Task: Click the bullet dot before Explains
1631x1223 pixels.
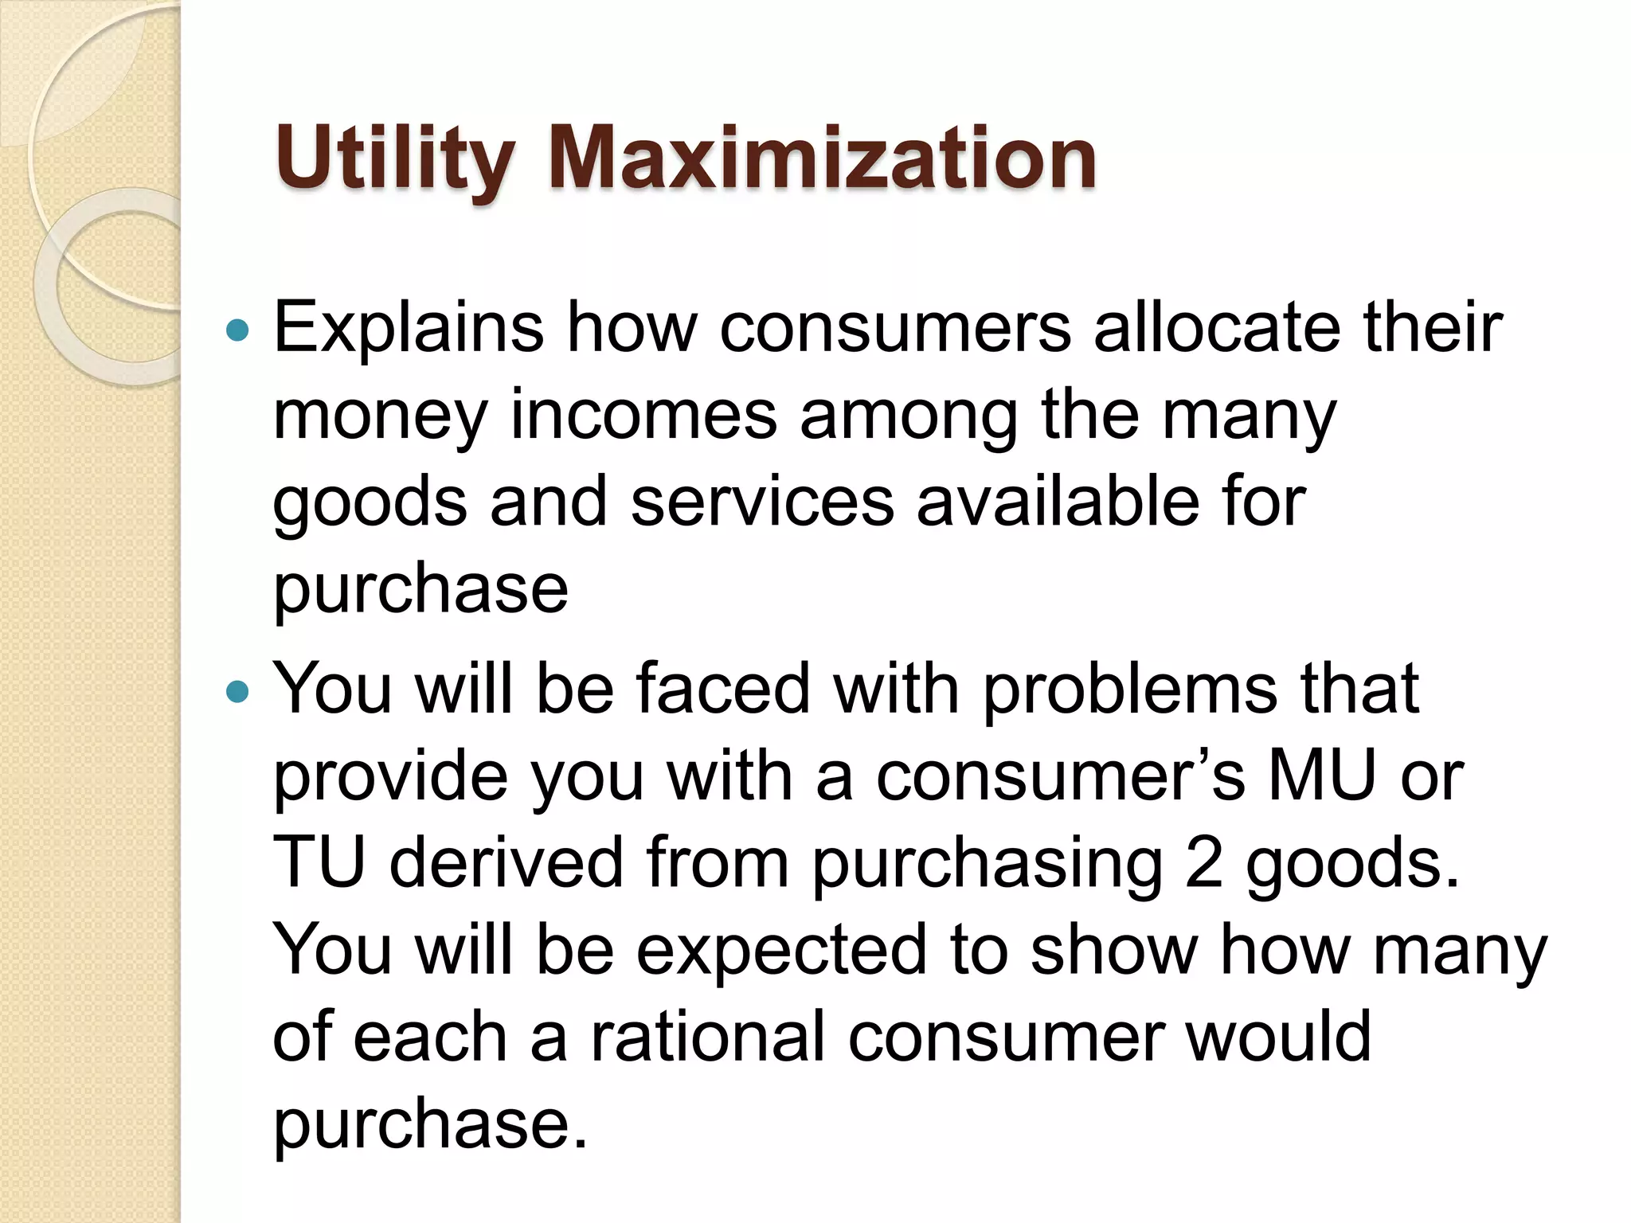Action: [x=237, y=329]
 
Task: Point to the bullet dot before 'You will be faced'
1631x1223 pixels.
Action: [x=237, y=690]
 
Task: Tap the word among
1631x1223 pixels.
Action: [x=909, y=415]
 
